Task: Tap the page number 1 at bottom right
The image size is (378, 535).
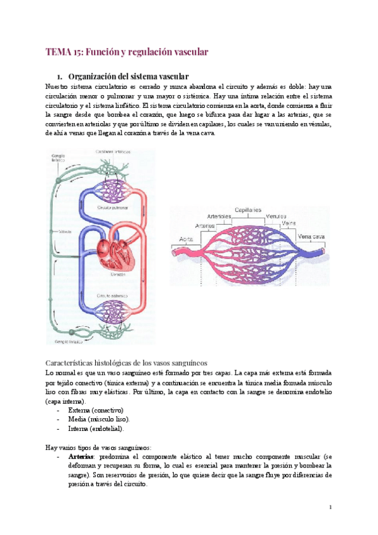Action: click(330, 507)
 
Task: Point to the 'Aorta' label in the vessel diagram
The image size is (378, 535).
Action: click(186, 239)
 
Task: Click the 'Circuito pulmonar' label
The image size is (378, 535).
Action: click(112, 206)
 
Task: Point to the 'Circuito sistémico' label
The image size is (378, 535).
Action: click(112, 295)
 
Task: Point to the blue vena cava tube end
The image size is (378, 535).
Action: click(321, 250)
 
